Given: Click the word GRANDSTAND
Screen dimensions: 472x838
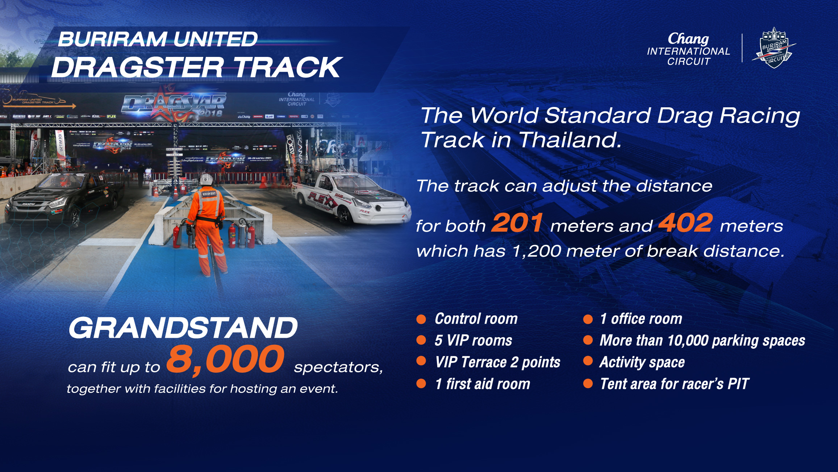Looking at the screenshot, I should (183, 328).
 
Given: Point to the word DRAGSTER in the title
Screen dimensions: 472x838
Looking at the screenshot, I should (138, 68).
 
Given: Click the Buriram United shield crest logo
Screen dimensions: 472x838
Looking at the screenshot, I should (774, 48).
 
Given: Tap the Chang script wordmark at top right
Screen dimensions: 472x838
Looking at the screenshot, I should (688, 38).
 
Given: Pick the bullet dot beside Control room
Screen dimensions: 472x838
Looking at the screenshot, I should (421, 319).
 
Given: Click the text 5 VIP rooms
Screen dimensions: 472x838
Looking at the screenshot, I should (473, 340).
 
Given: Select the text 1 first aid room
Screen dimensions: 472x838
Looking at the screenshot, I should (483, 384).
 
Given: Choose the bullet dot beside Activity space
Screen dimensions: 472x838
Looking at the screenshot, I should (588, 361).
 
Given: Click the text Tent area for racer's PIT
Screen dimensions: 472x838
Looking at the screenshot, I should (674, 384).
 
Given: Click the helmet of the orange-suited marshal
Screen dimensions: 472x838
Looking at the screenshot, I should (206, 179).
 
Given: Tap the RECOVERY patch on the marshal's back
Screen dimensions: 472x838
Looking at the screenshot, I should (209, 194).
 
